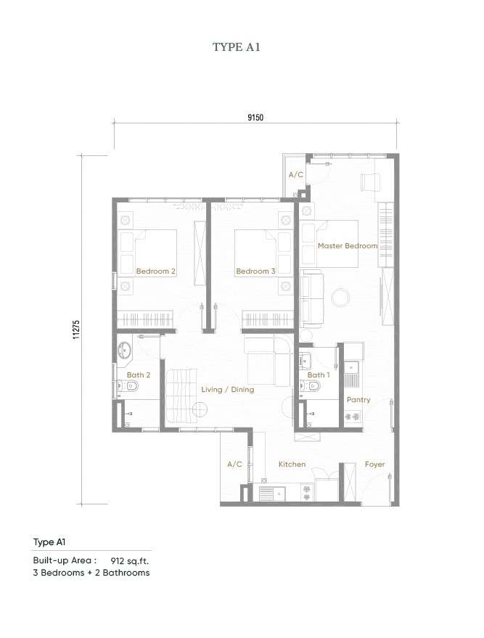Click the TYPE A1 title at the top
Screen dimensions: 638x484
pyautogui.click(x=236, y=47)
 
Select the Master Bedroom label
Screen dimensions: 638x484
pyautogui.click(x=348, y=246)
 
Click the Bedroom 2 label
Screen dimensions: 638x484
pyautogui.click(x=156, y=271)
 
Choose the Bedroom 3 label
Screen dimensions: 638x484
pyautogui.click(x=255, y=271)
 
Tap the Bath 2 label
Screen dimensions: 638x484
pyautogui.click(x=138, y=375)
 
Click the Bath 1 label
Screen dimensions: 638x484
pyautogui.click(x=318, y=375)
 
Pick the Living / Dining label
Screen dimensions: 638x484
pyautogui.click(x=228, y=390)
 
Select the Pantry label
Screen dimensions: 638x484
pyautogui.click(x=358, y=400)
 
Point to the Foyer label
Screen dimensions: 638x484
pyautogui.click(x=374, y=465)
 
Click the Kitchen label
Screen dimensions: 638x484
pyautogui.click(x=292, y=465)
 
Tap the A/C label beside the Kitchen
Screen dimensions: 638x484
pyautogui.click(x=234, y=465)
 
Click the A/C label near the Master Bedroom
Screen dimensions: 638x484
pyautogui.click(x=295, y=175)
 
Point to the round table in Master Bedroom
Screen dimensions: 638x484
pyautogui.click(x=340, y=296)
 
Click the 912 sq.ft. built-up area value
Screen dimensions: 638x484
pyautogui.click(x=129, y=561)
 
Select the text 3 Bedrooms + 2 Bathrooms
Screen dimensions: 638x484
pyautogui.click(x=91, y=573)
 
